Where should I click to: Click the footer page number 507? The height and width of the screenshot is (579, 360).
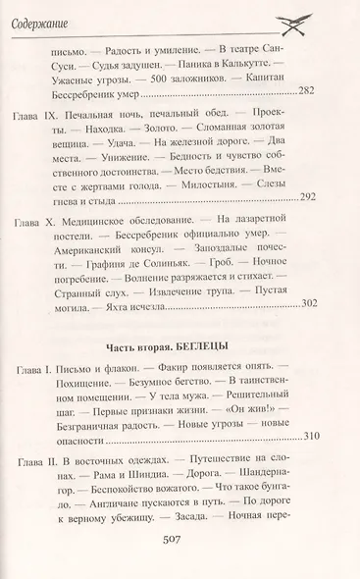pos(181,552)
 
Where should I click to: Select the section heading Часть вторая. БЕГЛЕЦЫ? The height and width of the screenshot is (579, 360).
pos(181,322)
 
